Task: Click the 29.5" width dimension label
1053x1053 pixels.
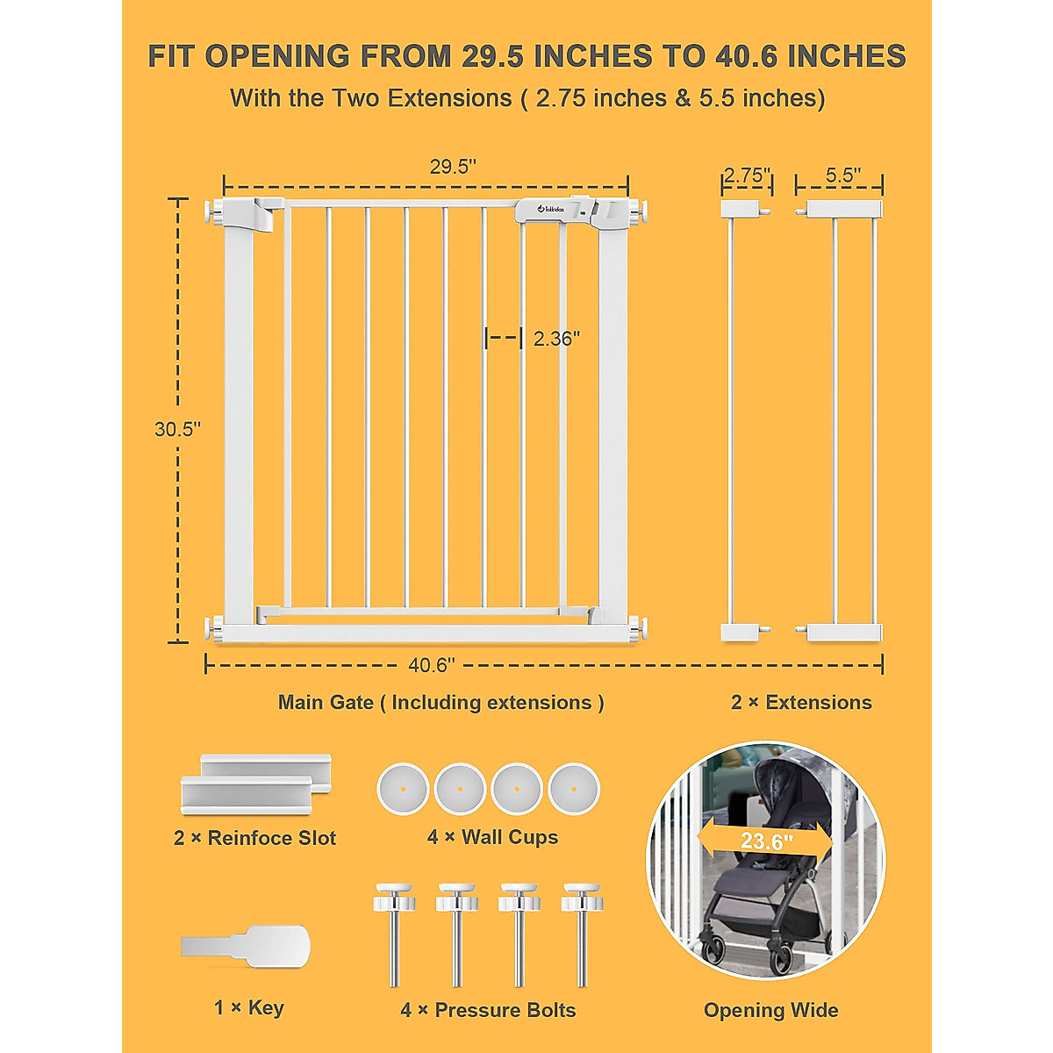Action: (453, 167)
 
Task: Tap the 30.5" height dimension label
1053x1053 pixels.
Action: (177, 429)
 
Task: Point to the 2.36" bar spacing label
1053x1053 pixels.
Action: (556, 339)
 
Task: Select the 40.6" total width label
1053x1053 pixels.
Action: (432, 665)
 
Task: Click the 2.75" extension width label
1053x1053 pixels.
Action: (747, 175)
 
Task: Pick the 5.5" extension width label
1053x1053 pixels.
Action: (842, 175)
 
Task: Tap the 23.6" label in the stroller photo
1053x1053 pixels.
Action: (766, 842)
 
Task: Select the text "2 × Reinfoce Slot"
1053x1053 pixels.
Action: (254, 838)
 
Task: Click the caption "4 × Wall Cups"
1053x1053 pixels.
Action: (492, 837)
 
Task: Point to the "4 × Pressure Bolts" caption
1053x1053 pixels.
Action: (488, 1010)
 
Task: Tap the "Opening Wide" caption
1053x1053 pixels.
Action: (770, 1010)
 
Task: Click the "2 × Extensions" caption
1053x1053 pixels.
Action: (801, 702)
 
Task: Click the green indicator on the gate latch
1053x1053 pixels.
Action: (582, 212)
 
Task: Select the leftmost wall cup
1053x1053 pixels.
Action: (403, 789)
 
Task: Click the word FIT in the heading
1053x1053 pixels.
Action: (171, 56)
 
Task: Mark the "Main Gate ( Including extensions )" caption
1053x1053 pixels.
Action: (441, 702)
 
